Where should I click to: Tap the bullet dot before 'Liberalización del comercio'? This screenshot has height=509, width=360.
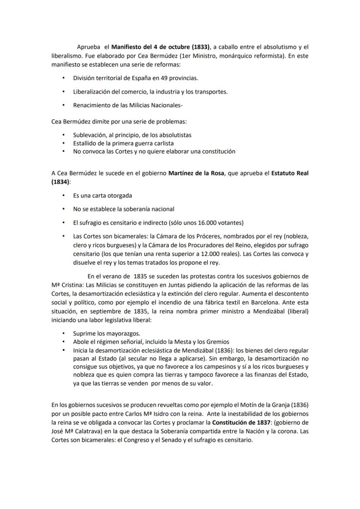pyautogui.click(x=63, y=92)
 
